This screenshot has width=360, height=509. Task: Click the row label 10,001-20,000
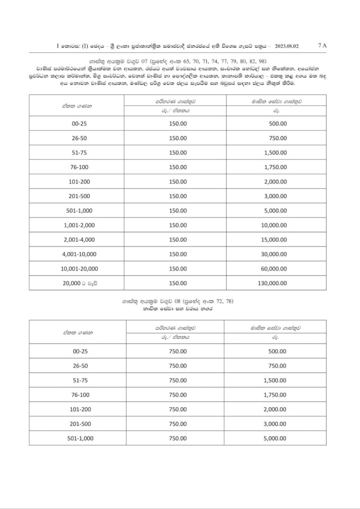[x=79, y=269]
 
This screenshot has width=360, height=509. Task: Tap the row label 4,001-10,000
[x=79, y=254]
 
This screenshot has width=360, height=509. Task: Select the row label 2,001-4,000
[x=79, y=240]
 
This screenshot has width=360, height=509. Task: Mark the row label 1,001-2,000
[x=79, y=225]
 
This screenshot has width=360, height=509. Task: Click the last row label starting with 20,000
[x=79, y=283]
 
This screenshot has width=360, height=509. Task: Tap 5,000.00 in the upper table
[x=275, y=210]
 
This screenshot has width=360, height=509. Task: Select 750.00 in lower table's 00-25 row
[x=178, y=351]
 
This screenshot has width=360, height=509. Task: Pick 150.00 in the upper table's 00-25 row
[x=178, y=123]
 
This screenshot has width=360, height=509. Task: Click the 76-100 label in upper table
[x=79, y=167]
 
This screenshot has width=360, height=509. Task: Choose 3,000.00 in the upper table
[x=275, y=196]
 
